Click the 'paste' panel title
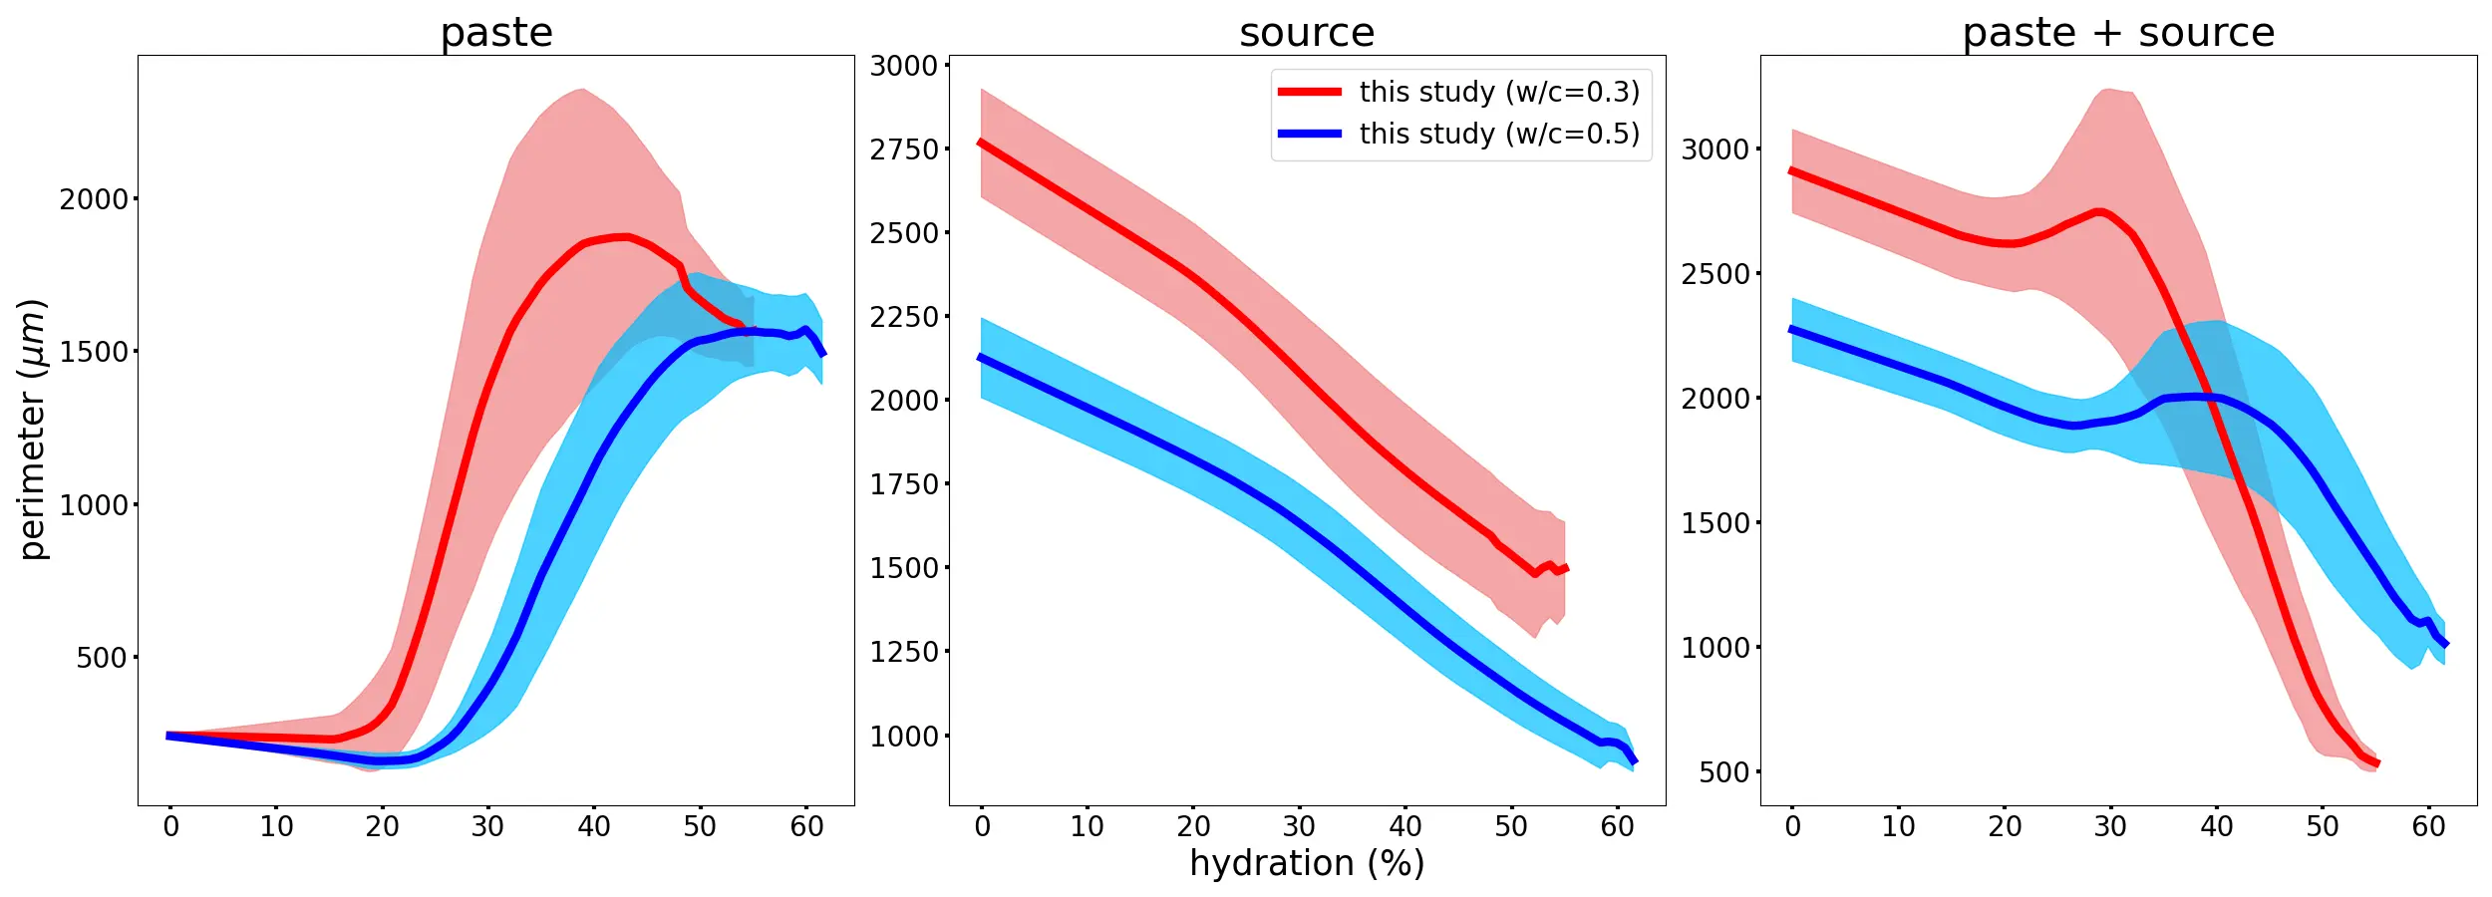pos(496,33)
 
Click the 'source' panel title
pos(1307,33)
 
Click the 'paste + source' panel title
pos(2118,33)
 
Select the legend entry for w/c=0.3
pos(1498,92)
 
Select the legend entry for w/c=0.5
pos(1498,134)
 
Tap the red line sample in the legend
pos(1310,92)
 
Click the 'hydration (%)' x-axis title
pos(1307,863)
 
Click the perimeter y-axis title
pos(33,430)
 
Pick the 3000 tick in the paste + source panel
pos(1715,149)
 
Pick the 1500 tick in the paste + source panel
pos(1715,523)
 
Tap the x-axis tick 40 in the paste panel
pos(594,826)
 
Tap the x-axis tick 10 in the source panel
pos(1088,826)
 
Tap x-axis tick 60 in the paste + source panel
pos(2428,826)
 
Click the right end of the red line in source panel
pos(1567,568)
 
